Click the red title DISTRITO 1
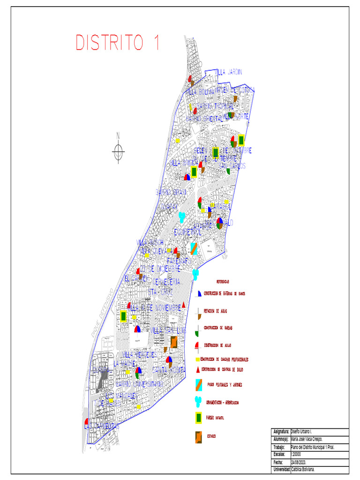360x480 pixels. [x=118, y=43]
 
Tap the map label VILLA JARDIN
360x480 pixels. [x=229, y=72]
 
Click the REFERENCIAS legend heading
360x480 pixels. [x=222, y=281]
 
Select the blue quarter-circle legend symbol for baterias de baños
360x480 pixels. [x=199, y=293]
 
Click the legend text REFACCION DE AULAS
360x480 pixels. [x=215, y=311]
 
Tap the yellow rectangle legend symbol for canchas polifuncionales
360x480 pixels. [x=198, y=360]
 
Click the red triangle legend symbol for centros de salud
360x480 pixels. [x=198, y=369]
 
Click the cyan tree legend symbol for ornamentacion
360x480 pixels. [x=199, y=402]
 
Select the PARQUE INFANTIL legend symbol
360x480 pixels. [x=199, y=418]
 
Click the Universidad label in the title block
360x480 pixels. [x=281, y=470]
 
